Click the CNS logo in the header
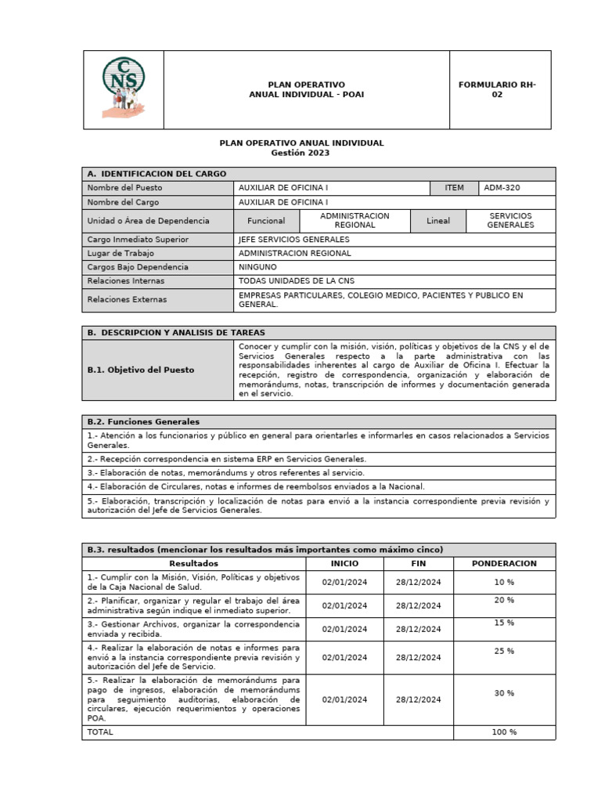tap(123, 89)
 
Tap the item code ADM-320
tap(502, 188)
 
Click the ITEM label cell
tap(454, 188)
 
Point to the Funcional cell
tap(266, 221)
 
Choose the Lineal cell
tap(438, 221)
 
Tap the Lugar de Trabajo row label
tap(121, 254)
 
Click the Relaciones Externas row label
tap(127, 299)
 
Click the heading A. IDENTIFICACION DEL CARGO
tap(157, 174)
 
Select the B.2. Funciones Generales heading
tap(143, 422)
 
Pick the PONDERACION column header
tap(504, 564)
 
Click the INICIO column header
tap(344, 564)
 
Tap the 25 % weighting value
tap(504, 651)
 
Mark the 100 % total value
tap(504, 732)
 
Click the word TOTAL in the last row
tap(100, 732)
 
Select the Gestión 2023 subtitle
tap(300, 154)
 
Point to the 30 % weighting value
tap(504, 693)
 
